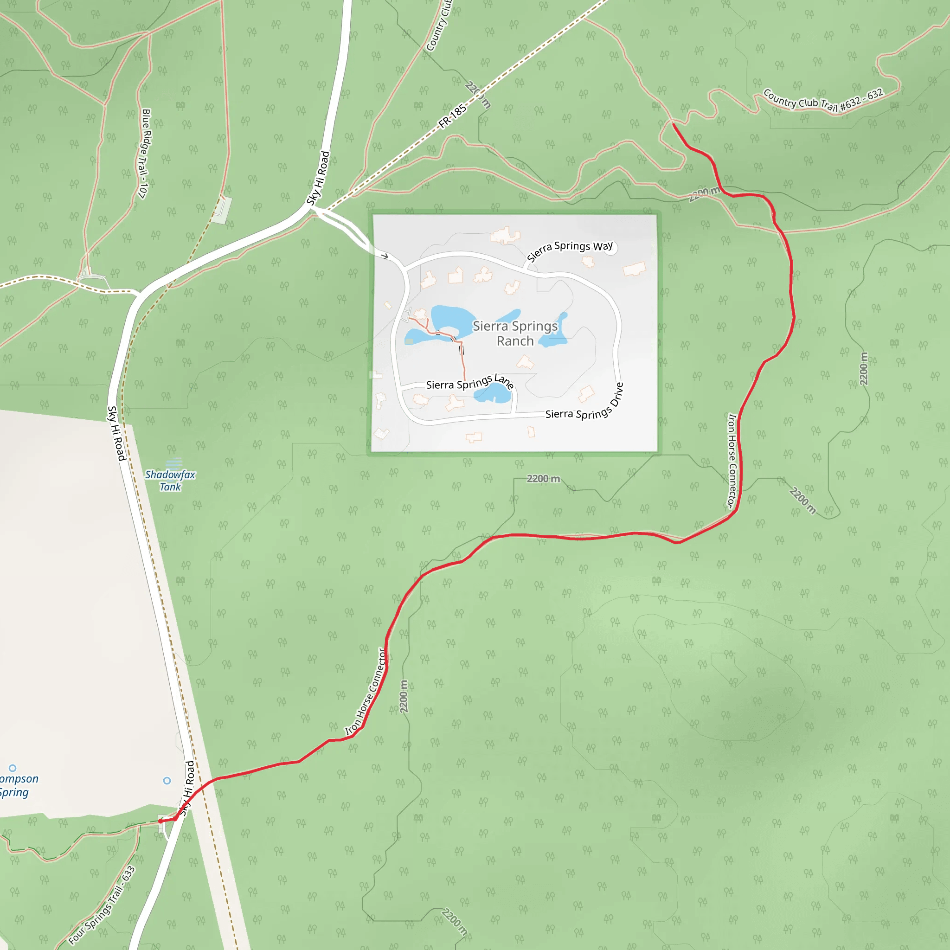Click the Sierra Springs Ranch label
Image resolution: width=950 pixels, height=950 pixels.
[x=515, y=334]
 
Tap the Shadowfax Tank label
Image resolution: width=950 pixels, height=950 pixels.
[x=170, y=481]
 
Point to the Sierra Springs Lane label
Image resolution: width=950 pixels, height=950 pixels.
[x=469, y=383]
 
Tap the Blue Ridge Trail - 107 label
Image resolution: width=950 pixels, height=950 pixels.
[x=144, y=154]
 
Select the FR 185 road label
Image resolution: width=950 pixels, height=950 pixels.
[x=452, y=116]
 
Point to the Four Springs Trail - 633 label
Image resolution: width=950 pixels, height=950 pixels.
[x=102, y=905]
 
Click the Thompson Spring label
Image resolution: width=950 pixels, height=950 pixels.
[x=15, y=786]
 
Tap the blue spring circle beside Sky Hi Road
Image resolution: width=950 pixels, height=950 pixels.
[x=167, y=780]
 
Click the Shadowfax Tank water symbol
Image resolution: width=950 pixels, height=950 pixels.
[x=174, y=462]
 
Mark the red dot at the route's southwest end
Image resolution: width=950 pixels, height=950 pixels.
[x=161, y=821]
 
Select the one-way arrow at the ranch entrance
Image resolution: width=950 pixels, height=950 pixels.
[x=385, y=256]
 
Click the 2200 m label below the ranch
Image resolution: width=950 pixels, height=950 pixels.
[x=543, y=478]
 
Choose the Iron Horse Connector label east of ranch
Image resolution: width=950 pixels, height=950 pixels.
[x=732, y=460]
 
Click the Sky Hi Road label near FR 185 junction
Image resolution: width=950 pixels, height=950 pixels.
[x=318, y=178]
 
